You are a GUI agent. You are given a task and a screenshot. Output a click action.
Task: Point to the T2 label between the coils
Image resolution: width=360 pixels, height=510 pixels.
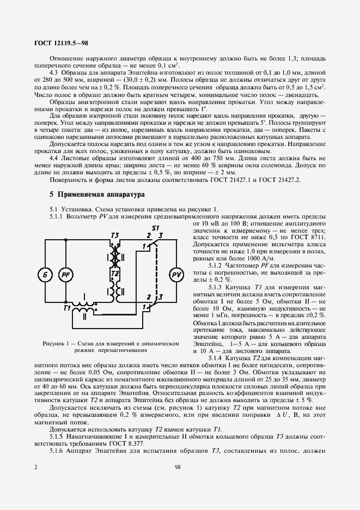click(x=115, y=272)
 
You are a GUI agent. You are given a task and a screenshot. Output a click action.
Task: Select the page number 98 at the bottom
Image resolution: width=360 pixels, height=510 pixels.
click(x=178, y=466)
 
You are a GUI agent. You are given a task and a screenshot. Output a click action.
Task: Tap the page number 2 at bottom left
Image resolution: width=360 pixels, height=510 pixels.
click(x=35, y=466)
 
